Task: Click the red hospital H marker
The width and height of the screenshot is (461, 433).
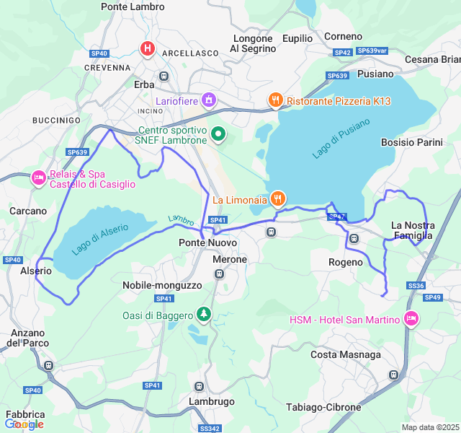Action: [148, 48]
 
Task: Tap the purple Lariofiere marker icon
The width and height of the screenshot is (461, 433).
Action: [209, 100]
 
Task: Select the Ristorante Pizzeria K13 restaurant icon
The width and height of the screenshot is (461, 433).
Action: [274, 100]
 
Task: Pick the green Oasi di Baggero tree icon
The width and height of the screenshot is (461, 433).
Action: [205, 315]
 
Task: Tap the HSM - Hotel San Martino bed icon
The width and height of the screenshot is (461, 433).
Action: [411, 319]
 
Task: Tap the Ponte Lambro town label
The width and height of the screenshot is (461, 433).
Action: [133, 6]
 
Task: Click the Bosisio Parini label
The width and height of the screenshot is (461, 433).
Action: [411, 142]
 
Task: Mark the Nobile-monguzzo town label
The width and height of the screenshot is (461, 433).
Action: [162, 285]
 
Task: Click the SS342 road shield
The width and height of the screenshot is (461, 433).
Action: [210, 428]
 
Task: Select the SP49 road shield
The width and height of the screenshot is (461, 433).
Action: [433, 297]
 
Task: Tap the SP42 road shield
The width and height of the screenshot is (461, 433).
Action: [342, 52]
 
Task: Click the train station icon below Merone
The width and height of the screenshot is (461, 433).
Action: [219, 274]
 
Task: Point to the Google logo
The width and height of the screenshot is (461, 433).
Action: [24, 424]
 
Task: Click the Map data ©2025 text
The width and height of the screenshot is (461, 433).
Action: [430, 427]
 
